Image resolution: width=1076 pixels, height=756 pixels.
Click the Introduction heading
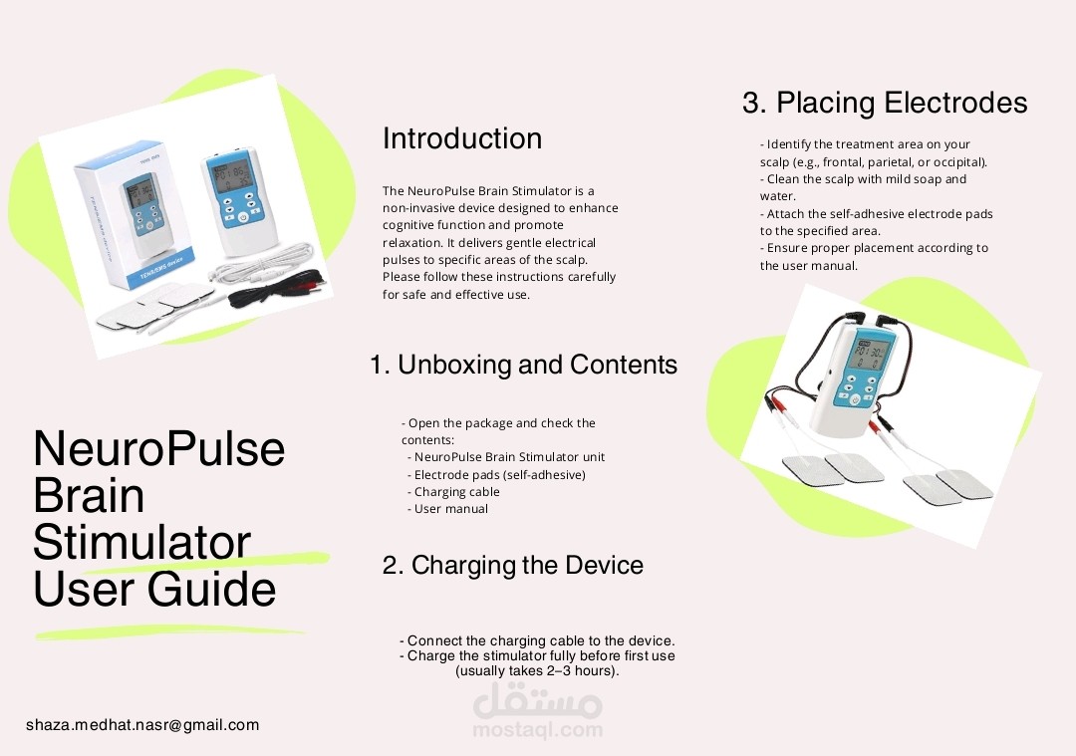462,138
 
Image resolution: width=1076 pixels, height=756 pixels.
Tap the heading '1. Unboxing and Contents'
523,366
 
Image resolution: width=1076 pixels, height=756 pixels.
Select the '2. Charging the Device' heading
512,566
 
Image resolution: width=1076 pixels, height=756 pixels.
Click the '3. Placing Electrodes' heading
884,103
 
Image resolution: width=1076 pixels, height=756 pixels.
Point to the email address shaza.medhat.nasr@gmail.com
142,725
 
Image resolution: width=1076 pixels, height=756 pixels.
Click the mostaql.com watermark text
538,730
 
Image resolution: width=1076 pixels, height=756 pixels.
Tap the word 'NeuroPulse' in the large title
159,449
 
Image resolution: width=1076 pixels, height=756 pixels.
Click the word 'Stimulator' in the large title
141,543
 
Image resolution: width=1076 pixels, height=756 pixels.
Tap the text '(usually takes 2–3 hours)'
537,671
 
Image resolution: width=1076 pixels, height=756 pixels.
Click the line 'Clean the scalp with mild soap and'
863,179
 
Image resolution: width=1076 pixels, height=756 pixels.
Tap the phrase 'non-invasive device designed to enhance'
500,208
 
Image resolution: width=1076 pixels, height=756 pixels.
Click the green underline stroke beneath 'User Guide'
169,631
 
